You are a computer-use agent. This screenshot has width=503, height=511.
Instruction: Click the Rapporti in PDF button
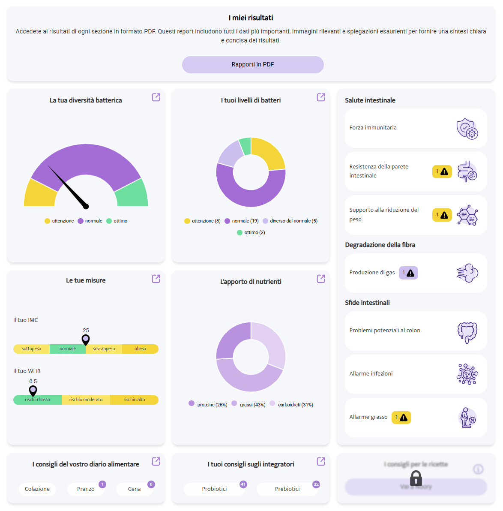point(253,64)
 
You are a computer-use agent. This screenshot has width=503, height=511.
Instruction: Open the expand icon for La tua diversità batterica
point(156,97)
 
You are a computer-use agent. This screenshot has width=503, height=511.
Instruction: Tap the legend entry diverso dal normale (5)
point(290,221)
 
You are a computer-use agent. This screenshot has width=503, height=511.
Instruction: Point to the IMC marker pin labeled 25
point(86,340)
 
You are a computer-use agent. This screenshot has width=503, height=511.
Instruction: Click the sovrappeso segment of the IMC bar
point(104,349)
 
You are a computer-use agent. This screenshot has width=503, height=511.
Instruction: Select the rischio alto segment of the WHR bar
point(134,400)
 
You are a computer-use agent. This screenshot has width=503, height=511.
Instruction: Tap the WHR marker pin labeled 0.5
point(33,391)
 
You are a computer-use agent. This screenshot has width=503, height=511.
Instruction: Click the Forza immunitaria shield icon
point(467,129)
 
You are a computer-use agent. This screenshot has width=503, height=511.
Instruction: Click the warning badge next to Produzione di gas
point(408,273)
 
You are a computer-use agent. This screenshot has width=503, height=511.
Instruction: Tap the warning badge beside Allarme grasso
point(401,417)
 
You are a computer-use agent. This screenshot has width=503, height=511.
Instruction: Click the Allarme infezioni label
point(371,373)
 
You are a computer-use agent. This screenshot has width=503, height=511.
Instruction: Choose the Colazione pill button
point(37,489)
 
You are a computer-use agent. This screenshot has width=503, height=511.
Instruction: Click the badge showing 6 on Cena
point(151,484)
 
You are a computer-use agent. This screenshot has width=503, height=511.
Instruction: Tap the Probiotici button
point(214,489)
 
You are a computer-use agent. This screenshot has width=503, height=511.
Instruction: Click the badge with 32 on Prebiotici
point(316,484)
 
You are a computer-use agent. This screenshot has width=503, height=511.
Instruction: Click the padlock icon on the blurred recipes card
point(416,478)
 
